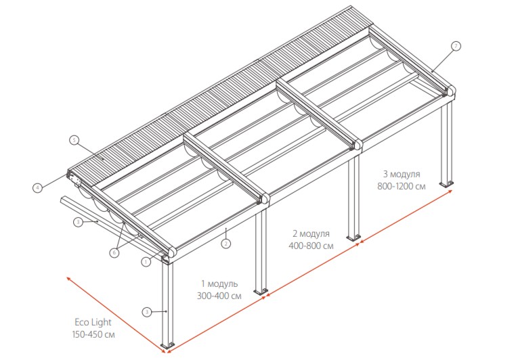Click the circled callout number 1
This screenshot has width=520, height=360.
[146, 262]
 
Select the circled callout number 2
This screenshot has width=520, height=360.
[226, 244]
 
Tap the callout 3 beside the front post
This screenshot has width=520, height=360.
[147, 312]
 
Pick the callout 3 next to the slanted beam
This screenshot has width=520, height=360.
[78, 222]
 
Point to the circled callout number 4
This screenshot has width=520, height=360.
[37, 188]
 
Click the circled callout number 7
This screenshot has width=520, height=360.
[456, 47]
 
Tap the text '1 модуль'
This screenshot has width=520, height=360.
[219, 284]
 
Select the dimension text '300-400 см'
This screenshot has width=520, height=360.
[219, 296]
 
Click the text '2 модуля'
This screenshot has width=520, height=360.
[311, 233]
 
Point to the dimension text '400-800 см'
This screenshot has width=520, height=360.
[311, 246]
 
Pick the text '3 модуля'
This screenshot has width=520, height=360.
[402, 174]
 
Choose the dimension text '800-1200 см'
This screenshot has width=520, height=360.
[402, 186]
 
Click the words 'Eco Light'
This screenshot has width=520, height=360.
[93, 322]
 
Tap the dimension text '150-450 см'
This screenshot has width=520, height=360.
[93, 334]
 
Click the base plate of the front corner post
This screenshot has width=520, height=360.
[167, 344]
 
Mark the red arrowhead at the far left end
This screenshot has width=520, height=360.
[68, 278]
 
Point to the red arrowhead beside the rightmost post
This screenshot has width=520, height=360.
[450, 192]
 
